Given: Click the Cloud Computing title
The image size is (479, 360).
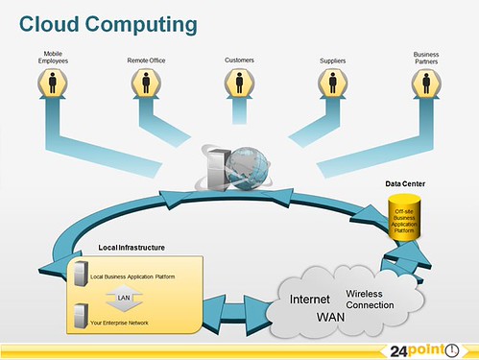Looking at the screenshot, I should [x=108, y=22].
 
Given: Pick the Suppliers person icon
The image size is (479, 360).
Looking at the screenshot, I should [x=332, y=84].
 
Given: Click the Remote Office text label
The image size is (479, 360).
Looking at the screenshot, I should [x=146, y=60].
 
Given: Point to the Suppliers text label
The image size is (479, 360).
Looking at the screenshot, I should [x=332, y=60].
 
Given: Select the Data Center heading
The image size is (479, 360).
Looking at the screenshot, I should [x=405, y=184].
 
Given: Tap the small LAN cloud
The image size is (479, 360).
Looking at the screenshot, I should [x=123, y=297].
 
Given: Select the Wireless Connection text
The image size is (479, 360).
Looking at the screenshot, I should [x=370, y=300].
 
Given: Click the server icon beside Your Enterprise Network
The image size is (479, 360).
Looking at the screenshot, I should [x=80, y=315].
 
